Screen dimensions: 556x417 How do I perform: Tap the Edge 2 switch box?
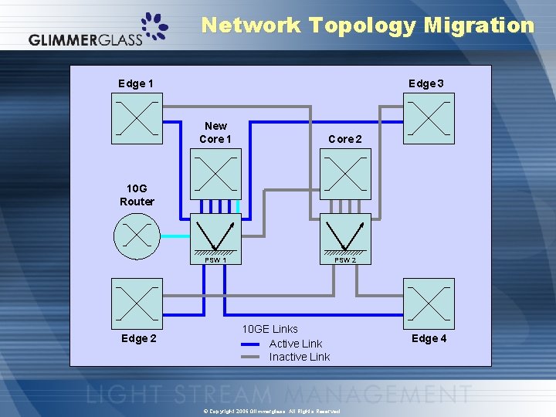click(x=137, y=303)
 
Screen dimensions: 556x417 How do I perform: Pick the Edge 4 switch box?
click(x=429, y=303)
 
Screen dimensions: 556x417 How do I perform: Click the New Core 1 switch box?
click(x=216, y=174)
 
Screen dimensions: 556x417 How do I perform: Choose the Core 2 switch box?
click(x=345, y=174)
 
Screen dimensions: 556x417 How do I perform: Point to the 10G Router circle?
click(x=137, y=236)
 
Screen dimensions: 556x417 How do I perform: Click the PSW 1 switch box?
click(x=216, y=235)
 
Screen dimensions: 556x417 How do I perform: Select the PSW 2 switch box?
click(x=345, y=235)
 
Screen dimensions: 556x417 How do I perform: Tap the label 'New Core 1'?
click(x=215, y=132)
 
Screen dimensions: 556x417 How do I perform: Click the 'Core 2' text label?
click(x=345, y=139)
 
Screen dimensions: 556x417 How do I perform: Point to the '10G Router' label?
click(x=137, y=195)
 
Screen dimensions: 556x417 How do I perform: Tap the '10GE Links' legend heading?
click(x=270, y=329)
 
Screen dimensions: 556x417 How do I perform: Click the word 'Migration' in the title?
click(x=479, y=25)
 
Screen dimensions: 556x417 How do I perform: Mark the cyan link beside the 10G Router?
click(x=175, y=236)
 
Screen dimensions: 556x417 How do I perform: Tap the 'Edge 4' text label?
click(x=429, y=338)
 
